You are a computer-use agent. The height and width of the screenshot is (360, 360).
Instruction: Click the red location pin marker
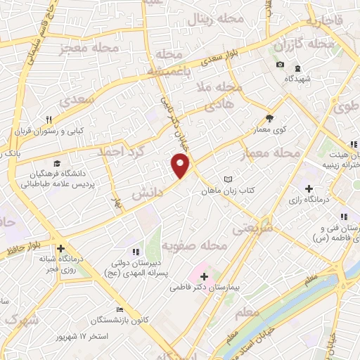pos(181,166)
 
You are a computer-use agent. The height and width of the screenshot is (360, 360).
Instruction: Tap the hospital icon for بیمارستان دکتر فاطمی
pos(204,276)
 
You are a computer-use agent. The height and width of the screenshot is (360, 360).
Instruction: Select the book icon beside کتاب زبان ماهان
pos(226,180)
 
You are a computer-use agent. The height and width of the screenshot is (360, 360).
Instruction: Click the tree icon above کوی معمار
pos(269,118)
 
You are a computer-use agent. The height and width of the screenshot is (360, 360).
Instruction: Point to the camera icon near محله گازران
pos(281,65)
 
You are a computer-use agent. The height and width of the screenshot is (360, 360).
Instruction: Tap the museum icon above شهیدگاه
pos(297,67)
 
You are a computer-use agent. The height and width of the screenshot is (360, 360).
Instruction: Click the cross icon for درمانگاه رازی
pos(309,188)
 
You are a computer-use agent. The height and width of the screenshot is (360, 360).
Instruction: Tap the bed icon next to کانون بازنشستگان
pos(120,310)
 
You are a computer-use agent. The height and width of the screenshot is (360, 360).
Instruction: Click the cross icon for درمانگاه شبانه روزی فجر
pos(61,248)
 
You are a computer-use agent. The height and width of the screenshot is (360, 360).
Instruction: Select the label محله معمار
pos(269,153)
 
